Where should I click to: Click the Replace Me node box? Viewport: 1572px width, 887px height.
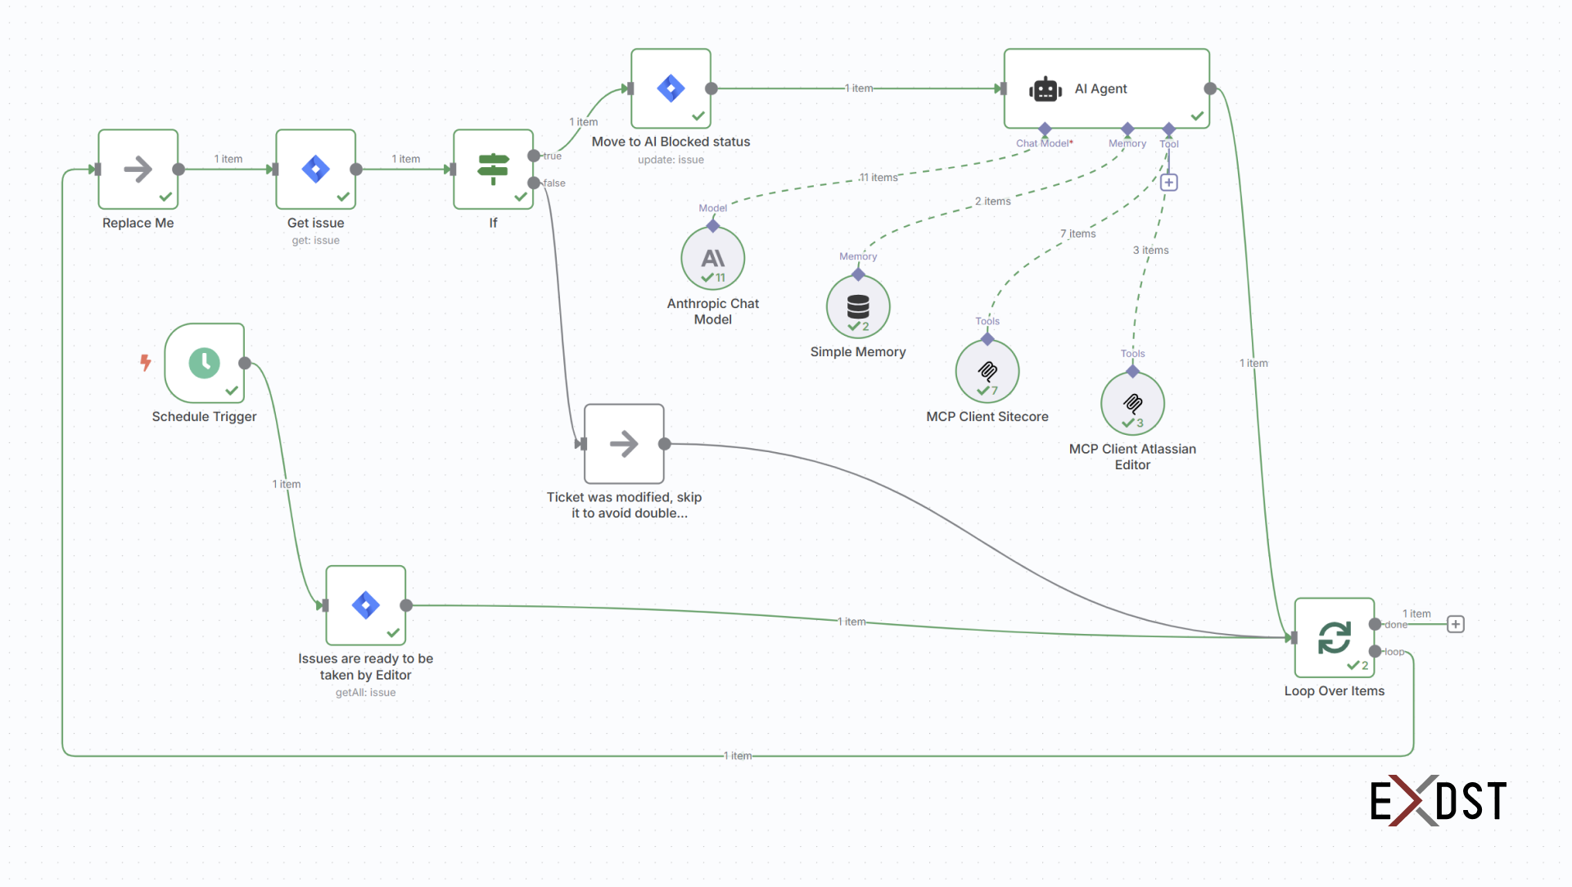coord(138,170)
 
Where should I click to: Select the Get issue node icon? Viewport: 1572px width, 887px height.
coord(315,170)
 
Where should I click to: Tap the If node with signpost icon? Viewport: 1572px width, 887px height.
coord(493,170)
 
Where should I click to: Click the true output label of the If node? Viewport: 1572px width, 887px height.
coord(553,156)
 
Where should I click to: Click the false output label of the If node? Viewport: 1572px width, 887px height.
coord(554,183)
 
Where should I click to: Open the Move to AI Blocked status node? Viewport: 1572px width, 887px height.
coord(671,88)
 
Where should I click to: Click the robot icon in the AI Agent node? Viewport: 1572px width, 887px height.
coord(1046,89)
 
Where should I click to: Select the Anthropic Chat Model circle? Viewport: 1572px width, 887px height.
coord(712,259)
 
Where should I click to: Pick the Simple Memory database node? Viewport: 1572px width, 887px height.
coord(857,307)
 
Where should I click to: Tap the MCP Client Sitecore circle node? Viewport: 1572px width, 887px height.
coord(987,372)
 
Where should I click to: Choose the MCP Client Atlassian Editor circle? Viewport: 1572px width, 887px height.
coord(1132,404)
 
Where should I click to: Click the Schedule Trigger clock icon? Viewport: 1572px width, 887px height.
coord(204,363)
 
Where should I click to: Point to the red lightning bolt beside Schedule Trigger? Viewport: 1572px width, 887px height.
coord(146,362)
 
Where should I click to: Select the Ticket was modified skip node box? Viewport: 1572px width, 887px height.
coord(624,444)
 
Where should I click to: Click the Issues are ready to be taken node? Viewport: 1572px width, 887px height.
coord(365,606)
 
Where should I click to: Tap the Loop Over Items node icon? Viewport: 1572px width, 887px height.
coord(1334,637)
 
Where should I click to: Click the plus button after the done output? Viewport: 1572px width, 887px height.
coord(1455,625)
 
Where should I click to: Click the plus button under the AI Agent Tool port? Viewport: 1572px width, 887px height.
coord(1169,183)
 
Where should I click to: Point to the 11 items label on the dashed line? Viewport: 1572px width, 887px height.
coord(879,178)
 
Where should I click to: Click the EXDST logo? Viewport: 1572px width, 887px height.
coord(1438,800)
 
